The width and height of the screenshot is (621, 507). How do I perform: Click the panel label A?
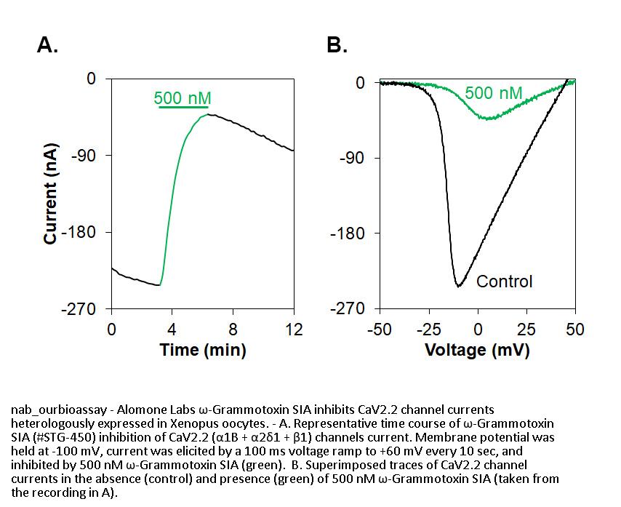(47, 45)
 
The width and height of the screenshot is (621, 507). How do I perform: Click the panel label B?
(337, 45)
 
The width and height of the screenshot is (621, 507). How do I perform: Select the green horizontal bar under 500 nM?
(183, 108)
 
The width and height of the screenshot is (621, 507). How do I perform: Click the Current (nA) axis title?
(51, 193)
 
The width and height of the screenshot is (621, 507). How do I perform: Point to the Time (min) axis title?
(203, 350)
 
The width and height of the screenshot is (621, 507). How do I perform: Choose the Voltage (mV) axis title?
(477, 350)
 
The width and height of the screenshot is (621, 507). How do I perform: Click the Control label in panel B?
(504, 281)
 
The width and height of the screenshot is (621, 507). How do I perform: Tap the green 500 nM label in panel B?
(493, 92)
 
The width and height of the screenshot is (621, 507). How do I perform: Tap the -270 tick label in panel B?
(348, 309)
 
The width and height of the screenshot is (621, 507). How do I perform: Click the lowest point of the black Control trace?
(458, 286)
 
